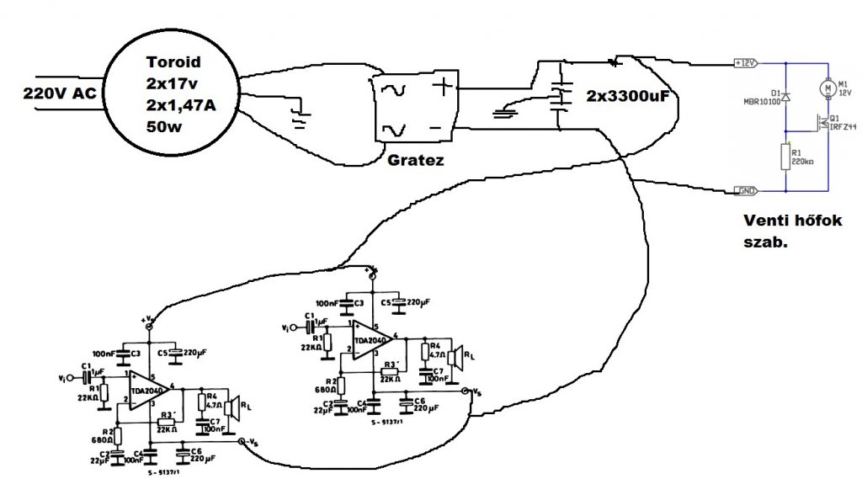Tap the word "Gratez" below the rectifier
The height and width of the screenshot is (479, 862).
(415, 159)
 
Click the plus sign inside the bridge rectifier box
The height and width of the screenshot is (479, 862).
(441, 85)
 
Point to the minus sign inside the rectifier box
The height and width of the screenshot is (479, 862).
(436, 127)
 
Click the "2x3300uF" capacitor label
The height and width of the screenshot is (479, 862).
(627, 97)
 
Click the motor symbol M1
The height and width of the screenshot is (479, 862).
(827, 87)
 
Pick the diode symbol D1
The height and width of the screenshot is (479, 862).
(785, 97)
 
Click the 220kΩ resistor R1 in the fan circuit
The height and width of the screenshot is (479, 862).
(785, 157)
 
